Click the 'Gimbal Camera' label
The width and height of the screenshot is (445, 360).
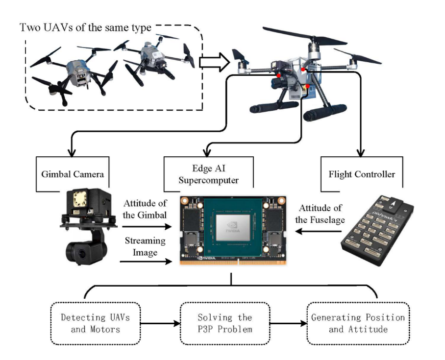coord(72,174)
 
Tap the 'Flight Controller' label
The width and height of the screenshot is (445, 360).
coord(362,173)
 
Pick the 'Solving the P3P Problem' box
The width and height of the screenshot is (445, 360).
coord(225,323)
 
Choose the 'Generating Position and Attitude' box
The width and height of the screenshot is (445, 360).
coord(358,323)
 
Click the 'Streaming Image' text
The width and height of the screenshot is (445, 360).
coord(145,247)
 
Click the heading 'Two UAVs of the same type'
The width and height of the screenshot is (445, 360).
coord(85,26)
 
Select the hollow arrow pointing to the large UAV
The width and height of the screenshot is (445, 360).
coord(215,62)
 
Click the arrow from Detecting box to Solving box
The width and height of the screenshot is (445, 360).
coord(160,323)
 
